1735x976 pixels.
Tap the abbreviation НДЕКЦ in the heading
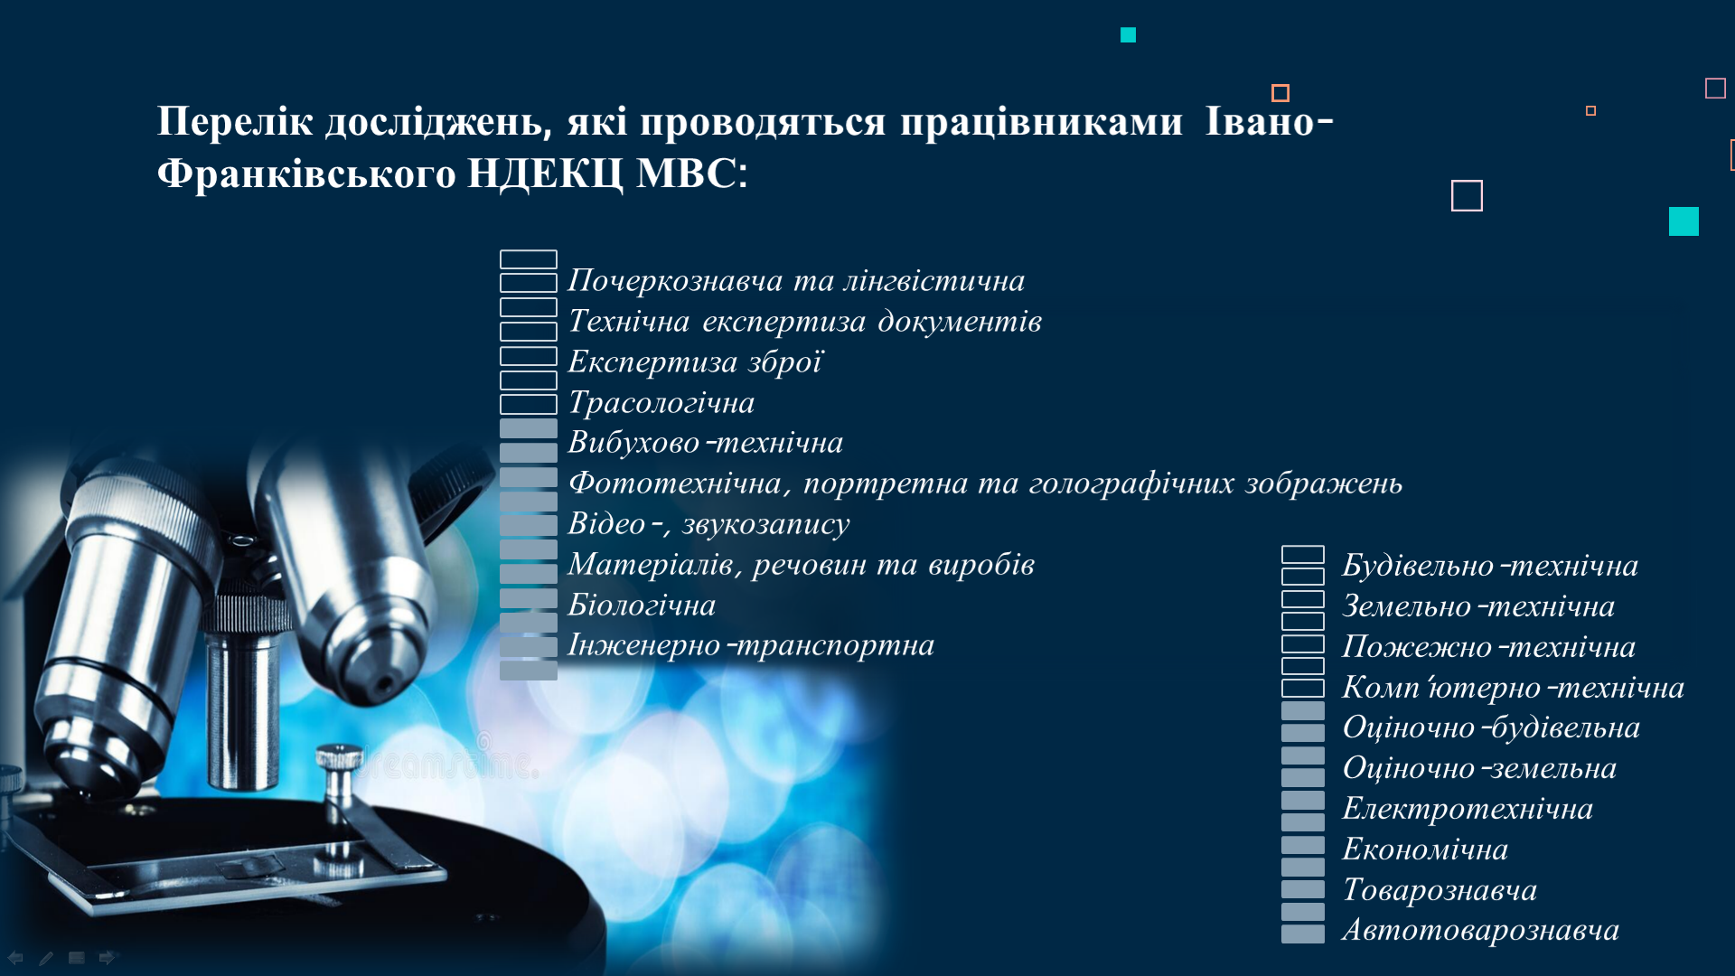click(x=545, y=174)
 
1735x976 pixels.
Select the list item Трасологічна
click(x=661, y=402)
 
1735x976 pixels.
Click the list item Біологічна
click(x=642, y=605)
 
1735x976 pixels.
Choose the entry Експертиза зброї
click(x=695, y=361)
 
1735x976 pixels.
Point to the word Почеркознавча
click(x=674, y=281)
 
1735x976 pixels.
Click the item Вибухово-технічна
click(x=705, y=443)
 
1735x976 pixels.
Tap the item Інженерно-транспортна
click(x=751, y=645)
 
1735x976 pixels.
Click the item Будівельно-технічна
click(x=1490, y=566)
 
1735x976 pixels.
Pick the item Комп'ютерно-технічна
click(x=1513, y=688)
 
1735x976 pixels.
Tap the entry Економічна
click(x=1425, y=849)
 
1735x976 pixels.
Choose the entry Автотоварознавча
click(x=1480, y=930)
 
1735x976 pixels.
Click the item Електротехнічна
click(x=1468, y=809)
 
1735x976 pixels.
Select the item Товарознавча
click(x=1440, y=890)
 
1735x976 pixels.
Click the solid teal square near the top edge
click(x=1128, y=35)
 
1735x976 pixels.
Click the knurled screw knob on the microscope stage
click(x=339, y=759)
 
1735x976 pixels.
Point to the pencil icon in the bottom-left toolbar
click(x=46, y=958)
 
